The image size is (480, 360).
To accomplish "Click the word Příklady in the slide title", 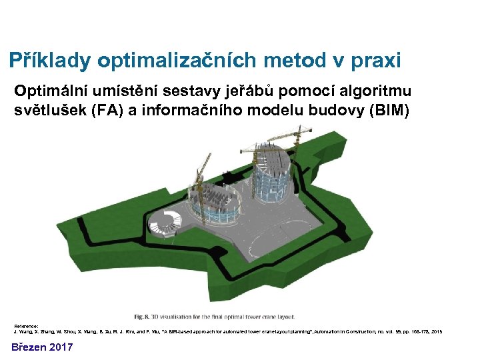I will [x=50, y=61].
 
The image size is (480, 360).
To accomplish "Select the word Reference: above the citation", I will [x=27, y=325].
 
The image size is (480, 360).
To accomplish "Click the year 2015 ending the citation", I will [x=436, y=331].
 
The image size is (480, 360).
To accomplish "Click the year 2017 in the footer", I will [x=62, y=347].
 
